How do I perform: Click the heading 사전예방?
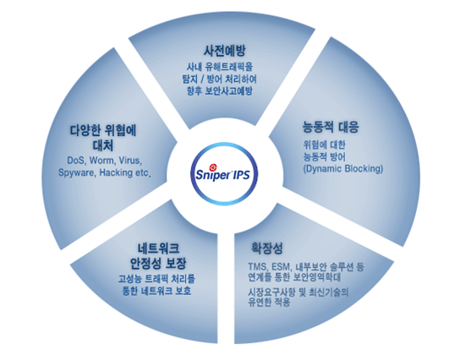coord(224,51)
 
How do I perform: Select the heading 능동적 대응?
coord(331,127)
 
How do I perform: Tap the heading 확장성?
coord(266,248)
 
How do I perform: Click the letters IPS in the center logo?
coord(242,175)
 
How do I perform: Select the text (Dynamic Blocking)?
coord(343,169)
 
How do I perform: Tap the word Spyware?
coord(77,172)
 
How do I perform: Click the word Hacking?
coord(116,172)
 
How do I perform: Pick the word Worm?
coord(102,161)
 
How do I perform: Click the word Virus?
coord(130,161)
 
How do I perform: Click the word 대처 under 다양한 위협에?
coord(103,145)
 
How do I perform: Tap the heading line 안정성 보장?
coord(158,264)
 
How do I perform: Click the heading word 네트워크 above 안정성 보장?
coord(158,248)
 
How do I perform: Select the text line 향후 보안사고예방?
coord(220,91)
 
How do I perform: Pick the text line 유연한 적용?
coord(269,302)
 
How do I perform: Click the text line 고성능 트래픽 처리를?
coord(156,279)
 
